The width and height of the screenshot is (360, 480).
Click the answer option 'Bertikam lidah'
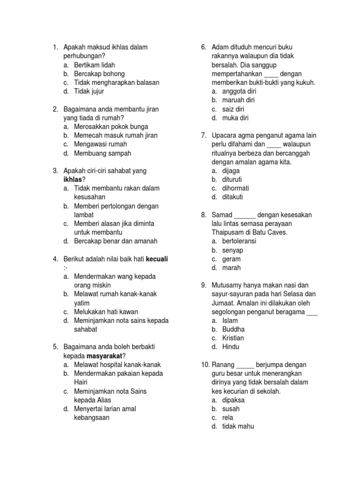[94, 65]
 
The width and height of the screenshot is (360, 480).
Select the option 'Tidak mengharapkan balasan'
[116, 82]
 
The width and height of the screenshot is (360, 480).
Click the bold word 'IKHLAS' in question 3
[74, 180]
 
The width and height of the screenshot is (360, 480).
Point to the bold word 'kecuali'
[157, 259]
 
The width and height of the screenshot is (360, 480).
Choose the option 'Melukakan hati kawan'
[106, 312]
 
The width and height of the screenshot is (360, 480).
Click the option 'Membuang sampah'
[102, 153]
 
